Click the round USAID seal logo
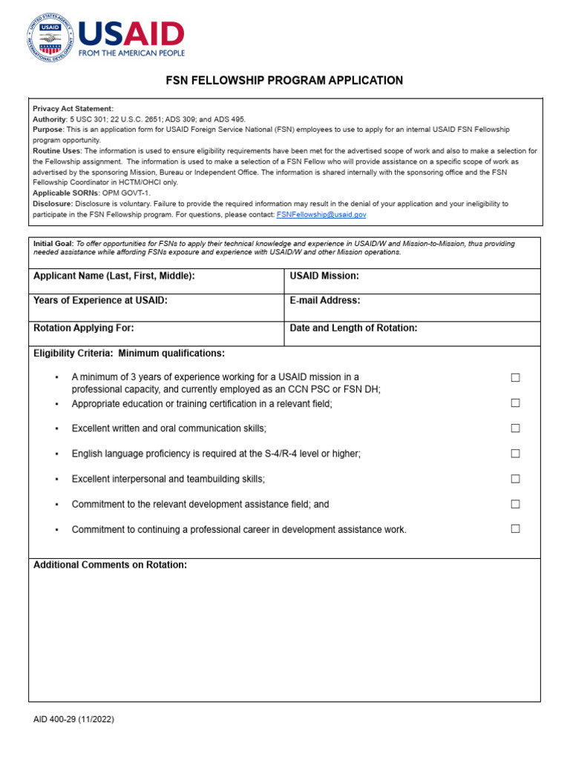click(50, 39)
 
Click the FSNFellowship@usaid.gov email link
click(321, 214)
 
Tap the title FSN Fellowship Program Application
click(284, 81)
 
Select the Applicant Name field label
click(114, 276)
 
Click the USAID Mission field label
click(324, 276)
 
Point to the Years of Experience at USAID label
click(100, 300)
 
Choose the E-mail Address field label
click(325, 300)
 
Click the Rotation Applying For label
click(84, 328)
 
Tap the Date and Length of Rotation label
click(353, 328)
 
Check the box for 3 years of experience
click(515, 378)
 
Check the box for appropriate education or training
click(515, 403)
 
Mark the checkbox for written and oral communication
click(515, 428)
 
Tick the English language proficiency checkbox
click(515, 454)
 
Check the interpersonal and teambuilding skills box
click(515, 479)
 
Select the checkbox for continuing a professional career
click(515, 529)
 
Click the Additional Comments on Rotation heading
click(110, 565)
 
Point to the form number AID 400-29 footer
click(73, 719)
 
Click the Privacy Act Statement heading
click(73, 109)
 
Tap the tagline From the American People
click(131, 53)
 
